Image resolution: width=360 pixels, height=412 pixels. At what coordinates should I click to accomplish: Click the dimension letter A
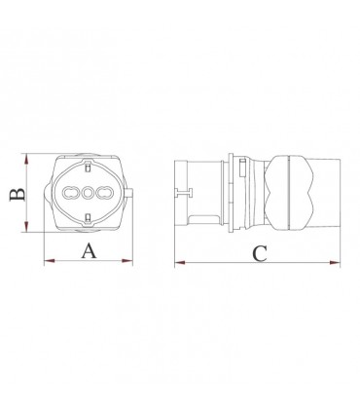pos(89,251)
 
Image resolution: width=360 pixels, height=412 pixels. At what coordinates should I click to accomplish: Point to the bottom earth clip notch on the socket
pos(89,230)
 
